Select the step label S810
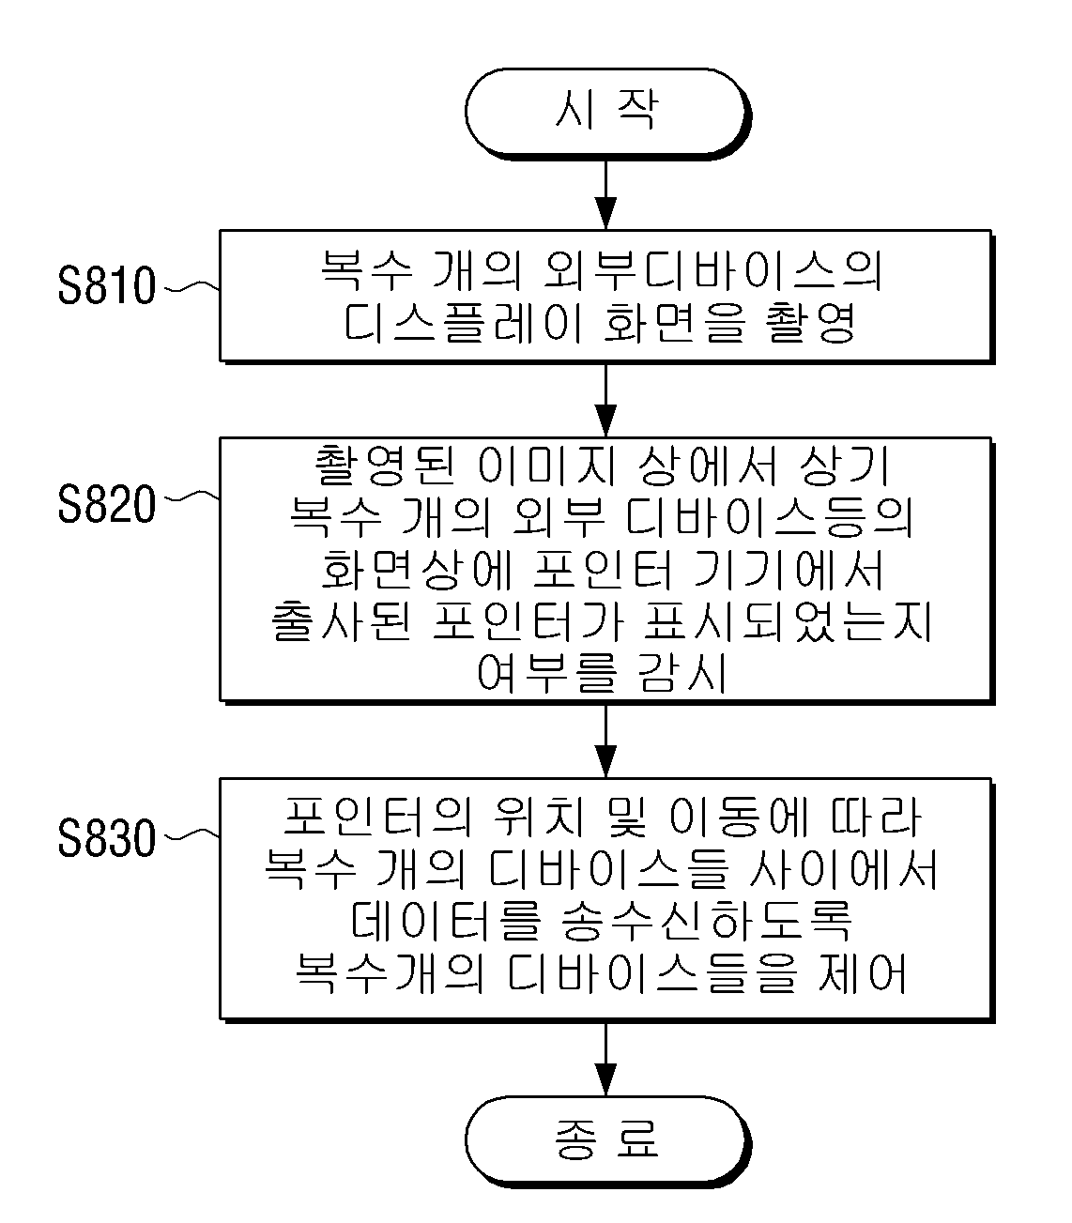[107, 285]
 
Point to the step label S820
[107, 505]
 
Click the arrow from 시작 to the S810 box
[606, 194]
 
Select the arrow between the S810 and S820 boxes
[606, 400]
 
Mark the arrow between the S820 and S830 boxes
[606, 741]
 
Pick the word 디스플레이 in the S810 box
[464, 322]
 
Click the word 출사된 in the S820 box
[342, 621]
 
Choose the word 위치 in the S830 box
[538, 817]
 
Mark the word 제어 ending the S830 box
[862, 971]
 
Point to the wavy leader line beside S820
[191, 497]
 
